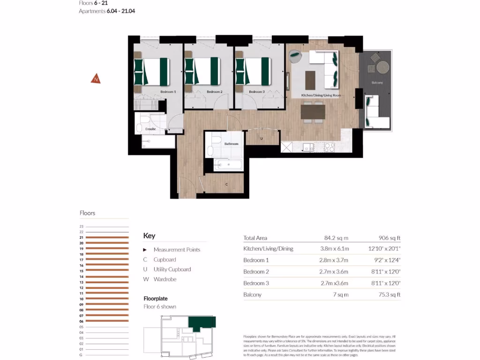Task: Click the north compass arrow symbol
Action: pyautogui.click(x=96, y=79)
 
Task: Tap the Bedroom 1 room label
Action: pyautogui.click(x=167, y=92)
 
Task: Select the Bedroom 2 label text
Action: pyautogui.click(x=214, y=92)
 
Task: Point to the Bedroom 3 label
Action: pyautogui.click(x=256, y=92)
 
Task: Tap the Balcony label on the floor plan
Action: pyautogui.click(x=377, y=83)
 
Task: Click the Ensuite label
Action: pyautogui.click(x=151, y=128)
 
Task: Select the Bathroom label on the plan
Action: pyautogui.click(x=231, y=144)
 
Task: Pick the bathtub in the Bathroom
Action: pyautogui.click(x=228, y=165)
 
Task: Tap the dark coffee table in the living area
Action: pyautogui.click(x=311, y=80)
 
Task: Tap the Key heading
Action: pyautogui.click(x=149, y=236)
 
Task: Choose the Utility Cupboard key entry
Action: pyautogui.click(x=172, y=270)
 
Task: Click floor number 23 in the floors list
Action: pyautogui.click(x=81, y=226)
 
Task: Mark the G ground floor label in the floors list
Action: pyautogui.click(x=82, y=355)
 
